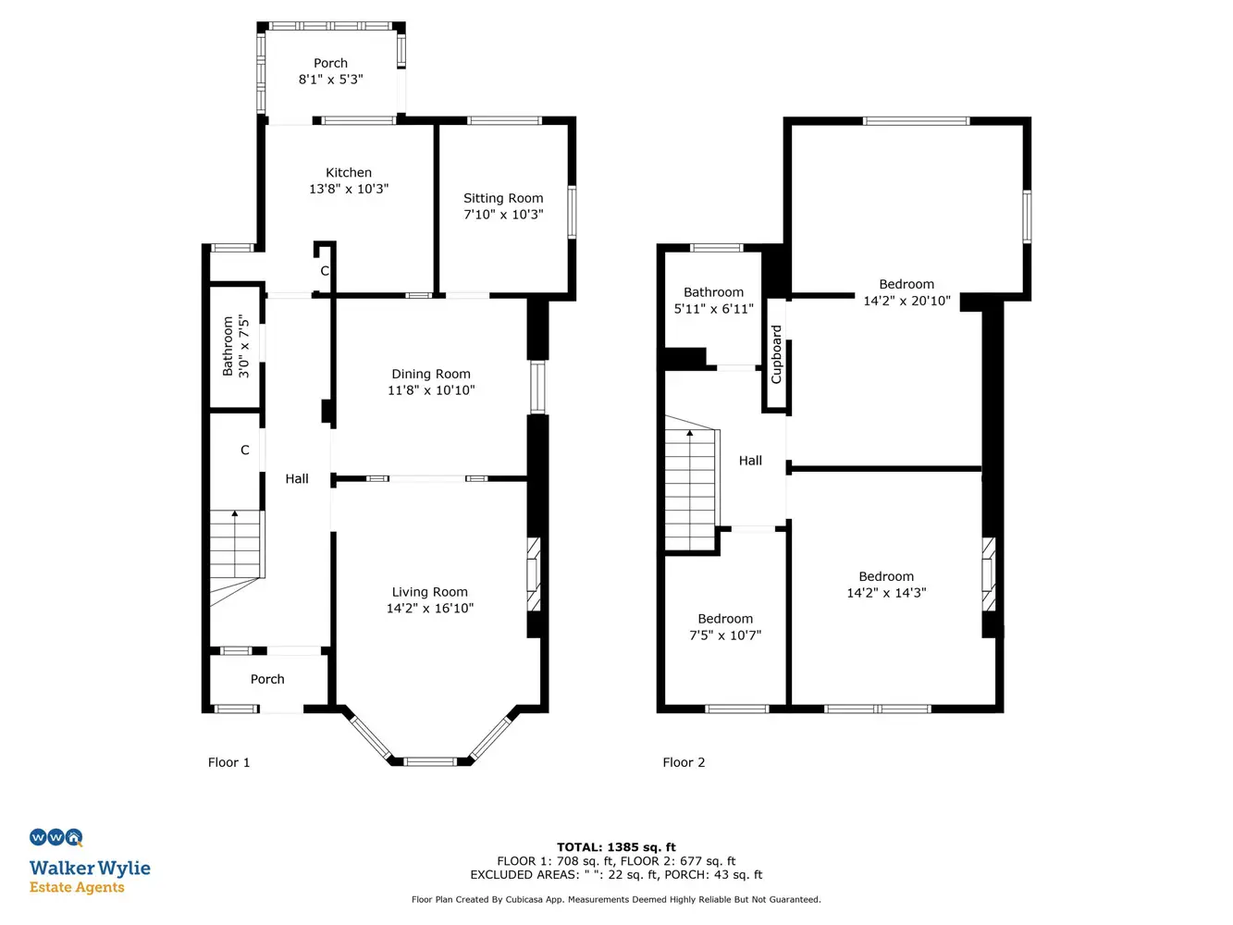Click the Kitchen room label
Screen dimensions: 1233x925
click(x=349, y=172)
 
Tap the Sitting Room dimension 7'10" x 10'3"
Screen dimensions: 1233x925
click(x=503, y=215)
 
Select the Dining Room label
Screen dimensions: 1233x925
click(x=431, y=374)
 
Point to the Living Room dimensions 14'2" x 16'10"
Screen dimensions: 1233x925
click(x=430, y=609)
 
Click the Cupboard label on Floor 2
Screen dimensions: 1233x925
click(x=776, y=354)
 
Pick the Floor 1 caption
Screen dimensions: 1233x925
click(x=228, y=762)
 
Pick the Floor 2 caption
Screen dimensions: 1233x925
click(x=684, y=762)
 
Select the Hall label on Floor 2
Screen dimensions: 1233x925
click(x=750, y=461)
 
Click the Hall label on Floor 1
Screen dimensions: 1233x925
click(x=297, y=478)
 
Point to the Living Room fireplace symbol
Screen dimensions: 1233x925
click(x=533, y=574)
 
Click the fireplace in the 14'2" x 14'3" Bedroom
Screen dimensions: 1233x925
click(x=988, y=574)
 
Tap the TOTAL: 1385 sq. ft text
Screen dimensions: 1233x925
click(x=616, y=847)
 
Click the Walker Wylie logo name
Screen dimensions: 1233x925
click(x=90, y=869)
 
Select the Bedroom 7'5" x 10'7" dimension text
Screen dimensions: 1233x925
click(x=725, y=635)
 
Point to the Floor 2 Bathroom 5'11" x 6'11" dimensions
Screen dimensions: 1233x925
click(x=713, y=308)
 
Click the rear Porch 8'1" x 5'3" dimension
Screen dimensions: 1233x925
click(x=330, y=80)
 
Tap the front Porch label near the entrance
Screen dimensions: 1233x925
click(x=267, y=679)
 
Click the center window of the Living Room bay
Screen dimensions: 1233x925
click(x=431, y=761)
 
